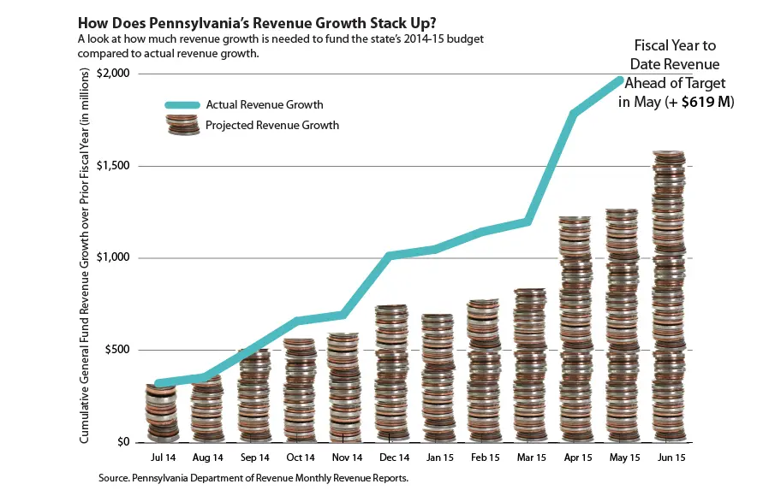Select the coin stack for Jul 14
coord(161,413)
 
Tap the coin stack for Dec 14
coord(391,374)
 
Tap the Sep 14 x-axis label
coord(254,458)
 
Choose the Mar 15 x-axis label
coord(530,458)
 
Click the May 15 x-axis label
coord(623,458)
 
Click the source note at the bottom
coord(253,478)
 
